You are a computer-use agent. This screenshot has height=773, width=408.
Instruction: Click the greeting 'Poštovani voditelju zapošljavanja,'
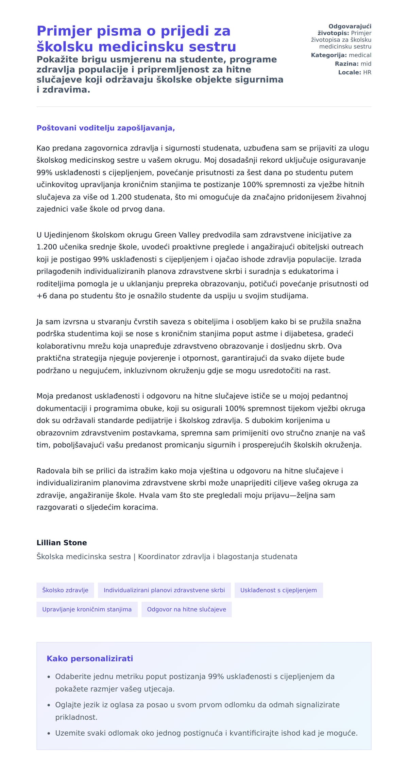click(x=105, y=128)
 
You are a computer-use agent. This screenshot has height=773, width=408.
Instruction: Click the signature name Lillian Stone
click(x=62, y=543)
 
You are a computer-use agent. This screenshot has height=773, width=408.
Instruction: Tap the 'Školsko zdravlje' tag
click(x=65, y=590)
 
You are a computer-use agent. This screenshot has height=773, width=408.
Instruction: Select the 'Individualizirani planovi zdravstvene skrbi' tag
click(x=164, y=590)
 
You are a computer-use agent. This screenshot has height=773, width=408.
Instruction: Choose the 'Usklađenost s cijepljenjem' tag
click(x=278, y=590)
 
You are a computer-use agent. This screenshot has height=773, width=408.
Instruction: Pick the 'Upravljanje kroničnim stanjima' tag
click(x=87, y=609)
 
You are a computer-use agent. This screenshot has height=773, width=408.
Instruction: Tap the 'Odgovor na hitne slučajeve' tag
click(x=186, y=609)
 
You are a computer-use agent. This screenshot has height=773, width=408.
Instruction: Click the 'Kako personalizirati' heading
click(x=90, y=659)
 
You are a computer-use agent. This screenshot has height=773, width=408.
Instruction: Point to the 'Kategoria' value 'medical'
click(x=360, y=55)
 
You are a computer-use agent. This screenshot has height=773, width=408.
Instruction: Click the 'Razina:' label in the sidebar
click(x=346, y=64)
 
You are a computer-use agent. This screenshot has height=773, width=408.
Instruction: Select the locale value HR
click(x=367, y=72)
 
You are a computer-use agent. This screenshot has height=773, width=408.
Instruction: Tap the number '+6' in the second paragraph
click(x=42, y=296)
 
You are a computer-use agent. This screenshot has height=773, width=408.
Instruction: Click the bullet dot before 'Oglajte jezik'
click(x=49, y=705)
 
